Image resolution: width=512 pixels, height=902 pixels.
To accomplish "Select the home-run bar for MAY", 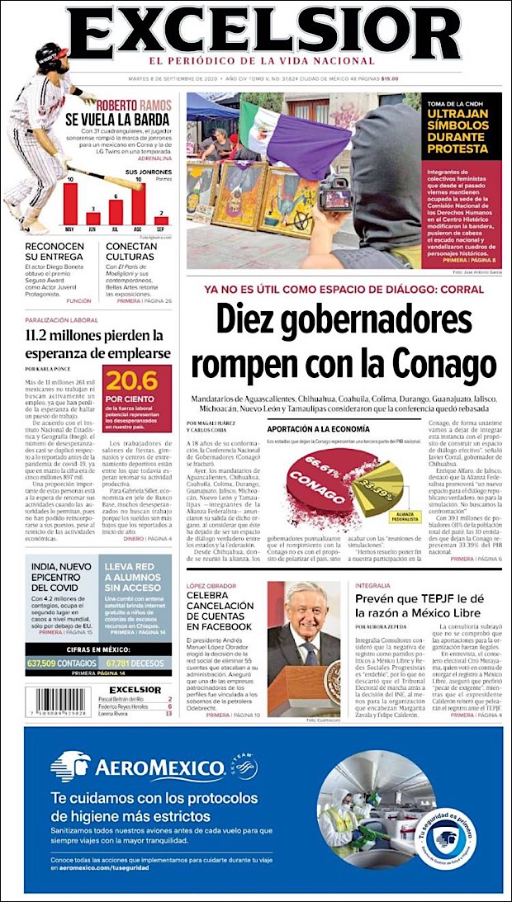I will coord(70,204).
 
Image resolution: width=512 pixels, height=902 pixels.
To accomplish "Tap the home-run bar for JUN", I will coord(93,220).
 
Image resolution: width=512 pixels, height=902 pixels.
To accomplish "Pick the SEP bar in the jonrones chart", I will coord(162,221).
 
